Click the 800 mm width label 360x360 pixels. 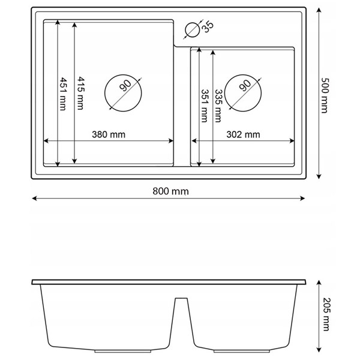pyautogui.click(x=170, y=191)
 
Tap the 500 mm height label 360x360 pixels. pyautogui.click(x=325, y=95)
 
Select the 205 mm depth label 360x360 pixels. pyautogui.click(x=326, y=314)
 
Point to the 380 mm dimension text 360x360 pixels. pyautogui.click(x=109, y=134)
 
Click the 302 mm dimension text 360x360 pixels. pyautogui.click(x=243, y=134)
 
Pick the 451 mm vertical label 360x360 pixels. pyautogui.click(x=62, y=94)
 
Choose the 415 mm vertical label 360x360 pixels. pyautogui.click(x=80, y=93)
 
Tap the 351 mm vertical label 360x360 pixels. pyautogui.click(x=205, y=106)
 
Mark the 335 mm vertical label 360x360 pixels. pyautogui.click(x=218, y=106)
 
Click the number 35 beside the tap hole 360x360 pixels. pyautogui.click(x=208, y=28)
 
